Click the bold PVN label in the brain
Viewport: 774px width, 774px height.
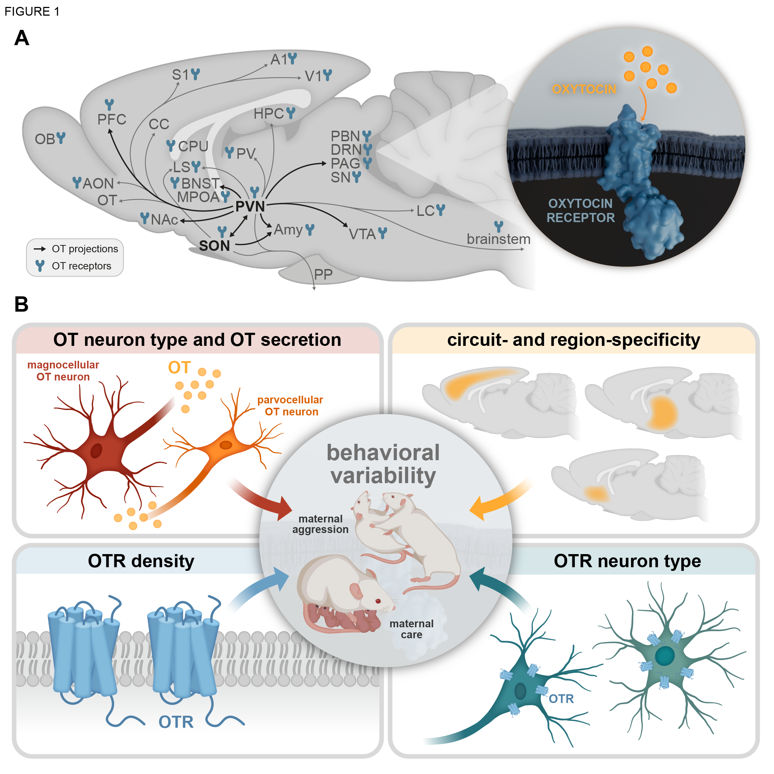pos(250,207)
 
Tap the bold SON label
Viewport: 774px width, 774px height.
pos(214,246)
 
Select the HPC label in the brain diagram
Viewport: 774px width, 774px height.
pos(268,114)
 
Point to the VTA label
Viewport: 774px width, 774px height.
pos(362,234)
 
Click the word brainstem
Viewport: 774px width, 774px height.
pos(498,239)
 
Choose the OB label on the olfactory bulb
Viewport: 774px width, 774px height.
pos(44,139)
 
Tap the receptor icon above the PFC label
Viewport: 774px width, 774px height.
pos(109,104)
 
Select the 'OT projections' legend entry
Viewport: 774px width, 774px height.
pos(84,249)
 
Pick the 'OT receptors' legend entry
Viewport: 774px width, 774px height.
pos(81,266)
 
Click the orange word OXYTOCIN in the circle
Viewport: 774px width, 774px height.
pos(584,89)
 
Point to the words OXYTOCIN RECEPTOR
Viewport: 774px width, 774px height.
pos(580,210)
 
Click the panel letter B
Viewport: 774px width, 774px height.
pos(21,304)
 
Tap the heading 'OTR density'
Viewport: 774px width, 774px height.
pos(141,561)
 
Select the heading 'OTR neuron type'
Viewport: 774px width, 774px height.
pos(627,561)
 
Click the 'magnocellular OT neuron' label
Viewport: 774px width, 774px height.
pos(63,371)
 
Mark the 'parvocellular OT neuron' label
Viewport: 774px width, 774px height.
pos(291,406)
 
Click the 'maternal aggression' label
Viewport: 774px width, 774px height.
pos(320,524)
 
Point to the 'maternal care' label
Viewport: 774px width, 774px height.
pos(411,629)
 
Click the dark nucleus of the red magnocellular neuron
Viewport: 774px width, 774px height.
pos(96,451)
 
